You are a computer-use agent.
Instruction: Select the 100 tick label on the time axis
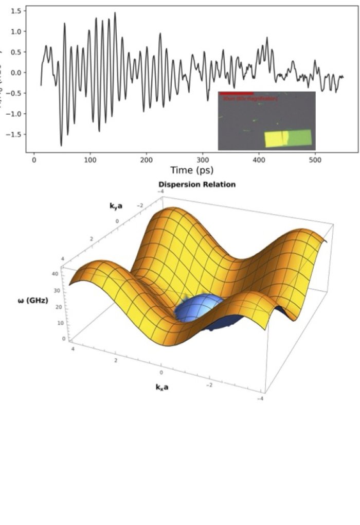tap(91, 160)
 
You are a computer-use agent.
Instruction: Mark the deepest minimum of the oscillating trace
tap(61, 146)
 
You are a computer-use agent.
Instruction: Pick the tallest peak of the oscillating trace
tap(115, 13)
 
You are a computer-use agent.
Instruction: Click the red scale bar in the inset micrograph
tap(236, 94)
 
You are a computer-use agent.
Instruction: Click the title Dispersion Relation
tap(196, 184)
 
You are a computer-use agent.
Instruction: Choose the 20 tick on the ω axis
tap(65, 306)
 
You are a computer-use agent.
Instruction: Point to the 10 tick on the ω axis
tap(66, 323)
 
